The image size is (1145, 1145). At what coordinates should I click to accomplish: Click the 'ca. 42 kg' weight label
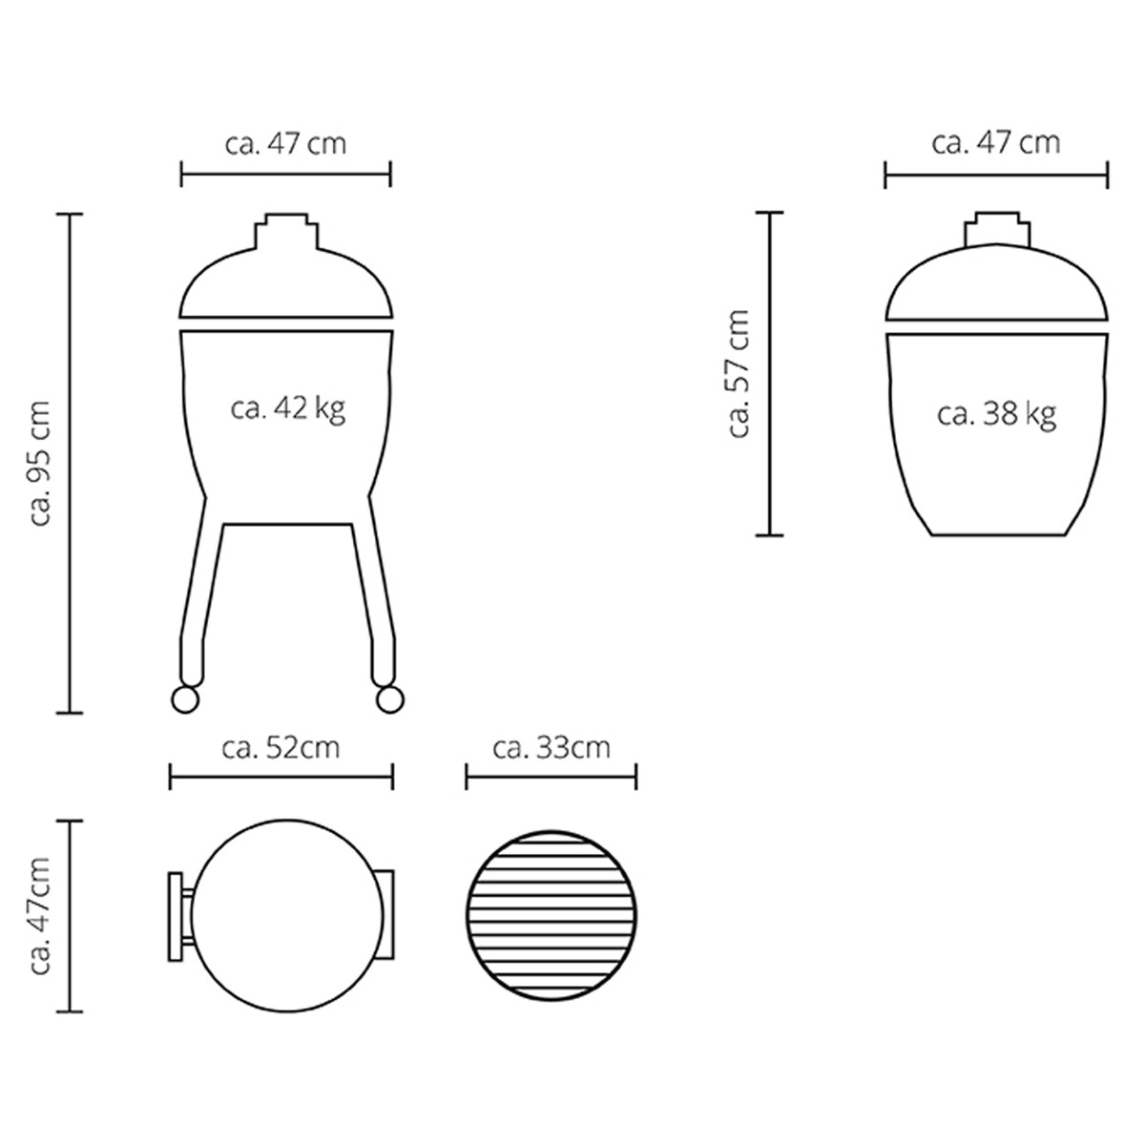point(288,409)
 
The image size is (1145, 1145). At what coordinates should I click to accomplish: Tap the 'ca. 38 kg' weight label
point(996,414)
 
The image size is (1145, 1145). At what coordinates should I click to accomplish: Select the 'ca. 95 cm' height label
point(40,464)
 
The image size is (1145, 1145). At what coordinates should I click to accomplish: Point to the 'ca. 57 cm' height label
point(739,374)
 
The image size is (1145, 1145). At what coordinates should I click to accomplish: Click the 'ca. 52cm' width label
point(281,748)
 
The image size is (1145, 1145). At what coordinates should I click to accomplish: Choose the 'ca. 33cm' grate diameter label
point(552,748)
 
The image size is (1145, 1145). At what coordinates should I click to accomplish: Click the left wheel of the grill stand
point(184,700)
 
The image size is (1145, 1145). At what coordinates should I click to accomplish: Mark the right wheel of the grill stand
point(390,700)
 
